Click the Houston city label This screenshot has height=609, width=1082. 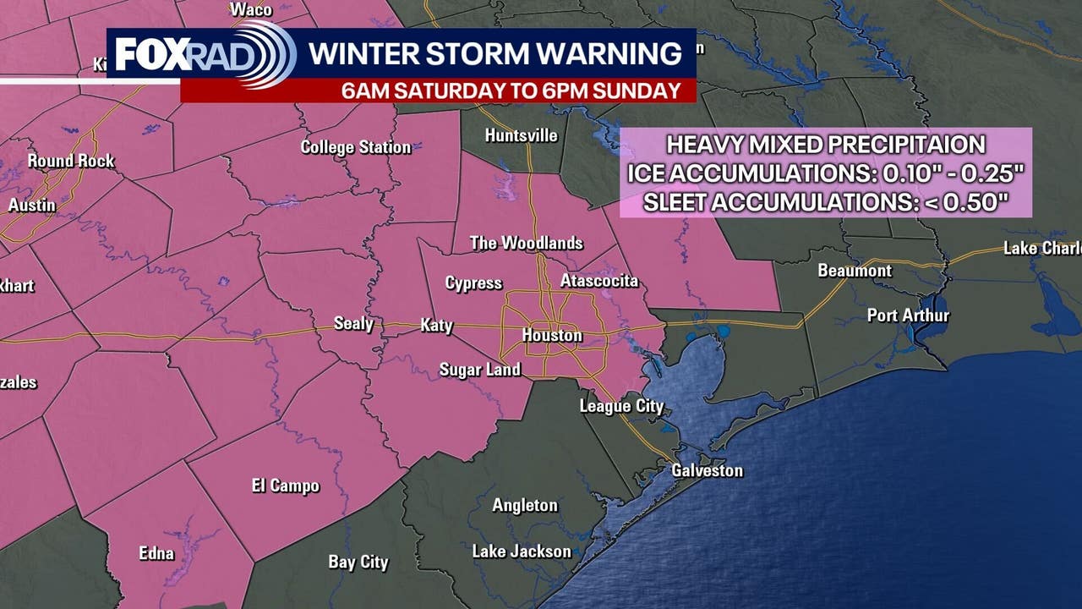[x=552, y=336]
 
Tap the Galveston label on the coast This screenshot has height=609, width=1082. [x=707, y=470]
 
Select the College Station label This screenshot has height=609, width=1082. [x=356, y=147]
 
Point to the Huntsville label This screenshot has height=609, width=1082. [x=522, y=135]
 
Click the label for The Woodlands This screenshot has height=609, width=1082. [x=527, y=244]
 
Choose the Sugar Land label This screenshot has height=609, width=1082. [x=480, y=370]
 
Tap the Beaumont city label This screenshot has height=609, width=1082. [x=855, y=271]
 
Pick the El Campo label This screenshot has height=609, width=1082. [x=286, y=486]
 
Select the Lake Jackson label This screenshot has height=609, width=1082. [x=522, y=551]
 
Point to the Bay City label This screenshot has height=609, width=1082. [x=358, y=562]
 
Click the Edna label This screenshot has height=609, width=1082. [x=156, y=554]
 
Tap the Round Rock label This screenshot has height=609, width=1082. [x=71, y=161]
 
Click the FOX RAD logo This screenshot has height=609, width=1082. [x=203, y=55]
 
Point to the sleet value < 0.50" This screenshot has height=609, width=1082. [x=969, y=203]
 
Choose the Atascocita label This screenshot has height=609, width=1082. [x=599, y=281]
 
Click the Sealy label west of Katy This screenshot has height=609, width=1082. [x=353, y=324]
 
